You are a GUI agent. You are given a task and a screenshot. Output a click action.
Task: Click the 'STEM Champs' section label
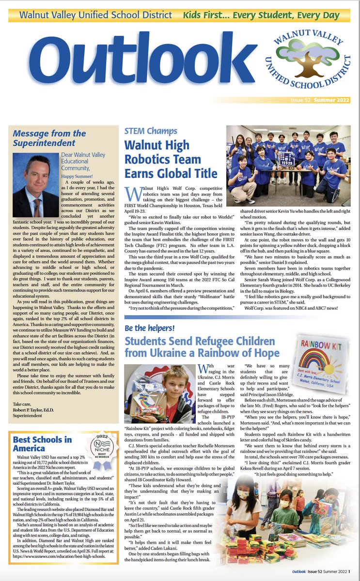coord(151,131)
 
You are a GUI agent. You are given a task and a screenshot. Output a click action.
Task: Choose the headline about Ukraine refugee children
coord(202,346)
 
